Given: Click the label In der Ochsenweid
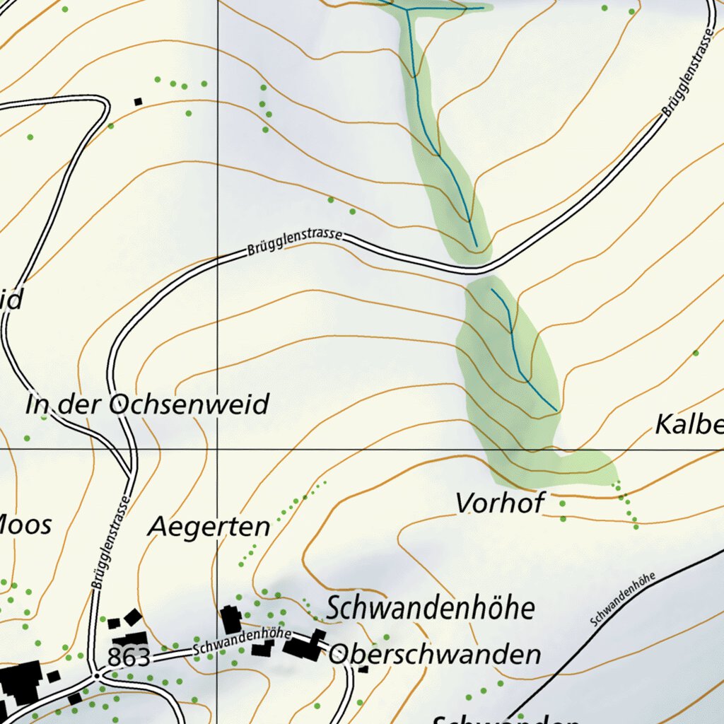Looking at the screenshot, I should coord(147,405).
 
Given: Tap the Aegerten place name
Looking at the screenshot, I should coord(209,527).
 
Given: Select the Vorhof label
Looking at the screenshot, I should coord(500,503).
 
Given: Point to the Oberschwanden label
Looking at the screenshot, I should coord(435,654).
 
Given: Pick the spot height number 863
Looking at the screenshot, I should coord(129,658).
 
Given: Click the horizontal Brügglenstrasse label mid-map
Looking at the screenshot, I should coord(295,242).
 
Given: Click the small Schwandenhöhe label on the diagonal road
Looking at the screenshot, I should coord(622,600).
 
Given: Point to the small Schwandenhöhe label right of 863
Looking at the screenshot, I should coord(233,640).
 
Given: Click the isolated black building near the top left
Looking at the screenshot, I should coord(139,101).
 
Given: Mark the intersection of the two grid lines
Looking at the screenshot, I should coord(217,449).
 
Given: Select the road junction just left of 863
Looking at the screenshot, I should coord(95,675).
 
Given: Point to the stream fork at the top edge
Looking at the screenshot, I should coord(408,9).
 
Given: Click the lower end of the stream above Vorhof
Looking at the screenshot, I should coord(556,410).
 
